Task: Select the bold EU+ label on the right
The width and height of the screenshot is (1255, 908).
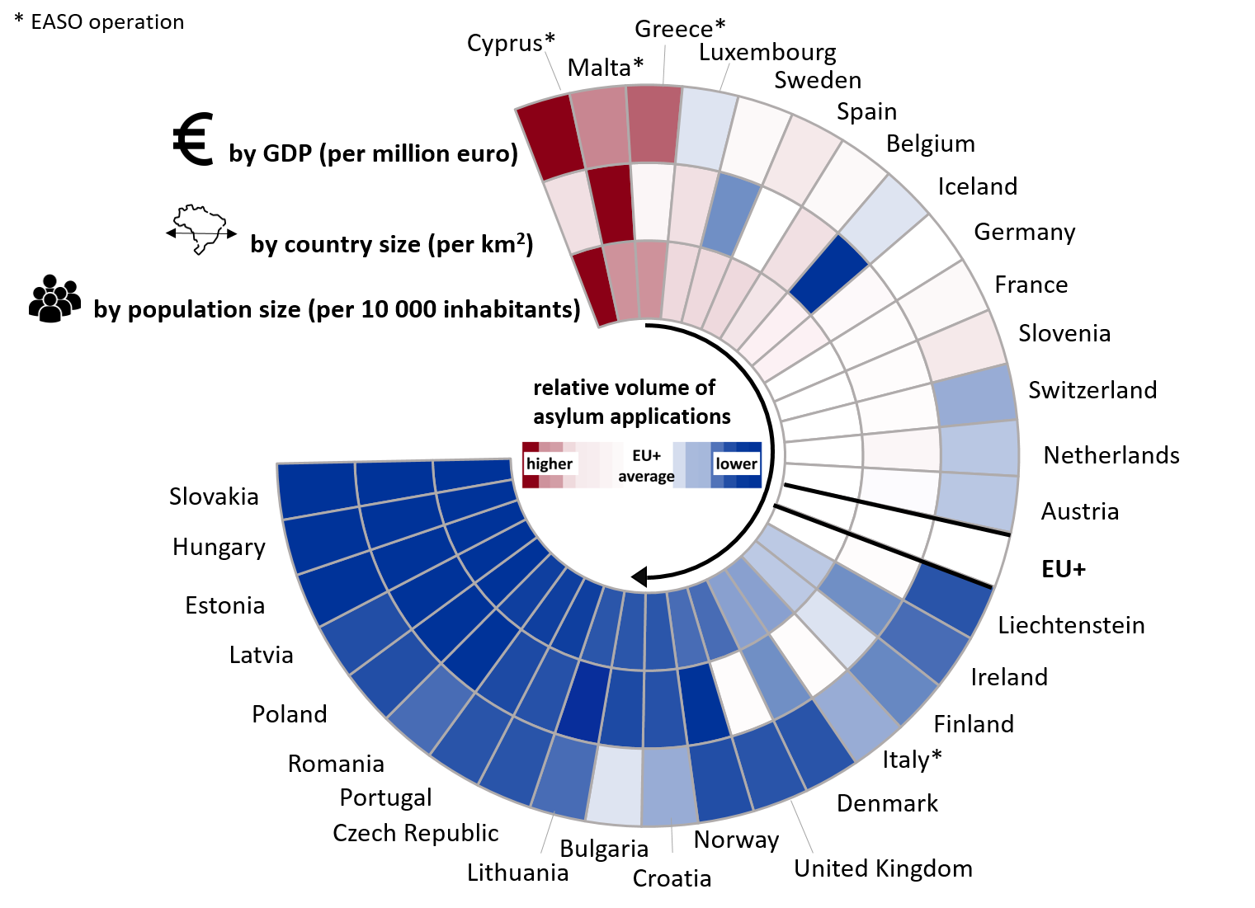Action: (1064, 569)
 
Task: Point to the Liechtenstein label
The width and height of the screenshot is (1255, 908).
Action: (1071, 625)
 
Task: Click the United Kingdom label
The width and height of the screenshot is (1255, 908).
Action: (883, 868)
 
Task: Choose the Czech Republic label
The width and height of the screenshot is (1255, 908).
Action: (415, 833)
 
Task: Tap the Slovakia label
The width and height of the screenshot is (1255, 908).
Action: (214, 496)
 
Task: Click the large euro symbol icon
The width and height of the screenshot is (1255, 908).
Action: (194, 139)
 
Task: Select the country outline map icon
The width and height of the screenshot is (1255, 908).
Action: (201, 230)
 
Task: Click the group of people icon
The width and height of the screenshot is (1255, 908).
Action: (54, 299)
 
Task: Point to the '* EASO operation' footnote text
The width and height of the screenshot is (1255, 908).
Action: (99, 22)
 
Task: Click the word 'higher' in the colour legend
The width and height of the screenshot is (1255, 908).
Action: (549, 463)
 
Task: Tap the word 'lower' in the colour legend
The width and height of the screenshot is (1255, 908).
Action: (736, 463)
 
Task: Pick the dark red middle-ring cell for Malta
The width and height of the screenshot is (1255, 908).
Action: (611, 205)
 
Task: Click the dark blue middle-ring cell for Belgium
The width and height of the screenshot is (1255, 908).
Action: (828, 273)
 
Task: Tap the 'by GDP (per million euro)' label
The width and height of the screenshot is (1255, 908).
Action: (373, 154)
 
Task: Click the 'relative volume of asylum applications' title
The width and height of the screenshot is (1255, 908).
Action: (631, 402)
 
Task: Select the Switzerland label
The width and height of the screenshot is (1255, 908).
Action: (1092, 390)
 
